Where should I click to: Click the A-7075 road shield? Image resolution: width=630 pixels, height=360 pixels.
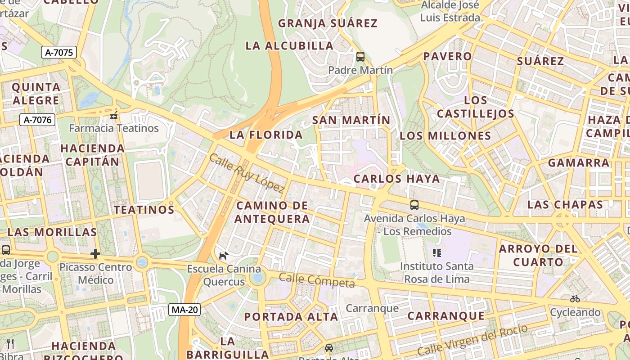[x=59, y=53]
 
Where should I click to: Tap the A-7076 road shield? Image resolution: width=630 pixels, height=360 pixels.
[x=37, y=120]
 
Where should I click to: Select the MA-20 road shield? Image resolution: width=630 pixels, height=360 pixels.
[x=184, y=310]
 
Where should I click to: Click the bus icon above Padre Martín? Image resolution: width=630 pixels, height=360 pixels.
[x=360, y=57]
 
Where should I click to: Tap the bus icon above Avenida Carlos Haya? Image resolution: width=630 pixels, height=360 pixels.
[x=414, y=205]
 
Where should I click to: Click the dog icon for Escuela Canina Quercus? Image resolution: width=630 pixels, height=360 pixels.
[x=223, y=256]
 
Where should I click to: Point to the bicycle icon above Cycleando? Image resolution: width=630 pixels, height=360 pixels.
[x=575, y=299]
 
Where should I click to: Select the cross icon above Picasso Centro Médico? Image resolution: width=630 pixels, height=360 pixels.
[x=95, y=254]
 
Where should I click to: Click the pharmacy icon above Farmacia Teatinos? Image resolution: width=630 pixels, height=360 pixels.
[x=114, y=116]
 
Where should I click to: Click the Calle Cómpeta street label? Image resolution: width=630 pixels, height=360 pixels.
[x=317, y=280]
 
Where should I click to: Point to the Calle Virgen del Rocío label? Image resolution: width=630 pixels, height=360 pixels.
[x=472, y=340]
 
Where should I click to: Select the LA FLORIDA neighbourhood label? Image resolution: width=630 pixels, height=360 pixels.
[x=266, y=135]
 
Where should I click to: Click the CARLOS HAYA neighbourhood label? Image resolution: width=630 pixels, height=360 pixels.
[x=396, y=179]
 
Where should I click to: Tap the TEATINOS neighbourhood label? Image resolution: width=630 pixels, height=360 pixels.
[x=144, y=210]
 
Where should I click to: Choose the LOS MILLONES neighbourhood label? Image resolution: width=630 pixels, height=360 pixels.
[x=445, y=136]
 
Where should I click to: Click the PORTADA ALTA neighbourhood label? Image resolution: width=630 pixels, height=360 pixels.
[x=291, y=317]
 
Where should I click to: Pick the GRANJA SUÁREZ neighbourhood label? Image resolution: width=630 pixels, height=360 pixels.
[x=328, y=23]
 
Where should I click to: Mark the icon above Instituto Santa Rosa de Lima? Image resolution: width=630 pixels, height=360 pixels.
[x=436, y=253]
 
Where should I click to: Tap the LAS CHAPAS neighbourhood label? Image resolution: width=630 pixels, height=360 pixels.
[x=565, y=205]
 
